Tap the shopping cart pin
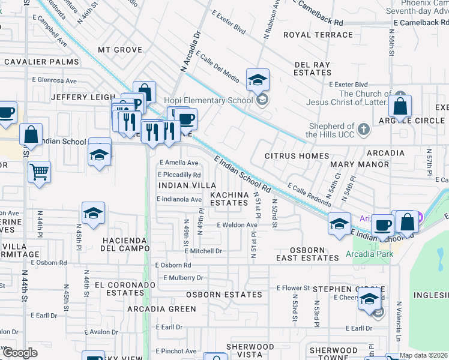[x=39, y=172]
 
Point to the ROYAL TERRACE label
[x=318, y=35]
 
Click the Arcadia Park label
[x=369, y=254]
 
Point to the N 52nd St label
[x=274, y=213]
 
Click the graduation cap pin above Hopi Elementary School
[x=258, y=80]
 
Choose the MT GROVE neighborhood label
[x=120, y=50]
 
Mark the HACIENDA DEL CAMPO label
[x=125, y=244]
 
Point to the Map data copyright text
[x=424, y=355]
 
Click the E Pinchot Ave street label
[x=175, y=351]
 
